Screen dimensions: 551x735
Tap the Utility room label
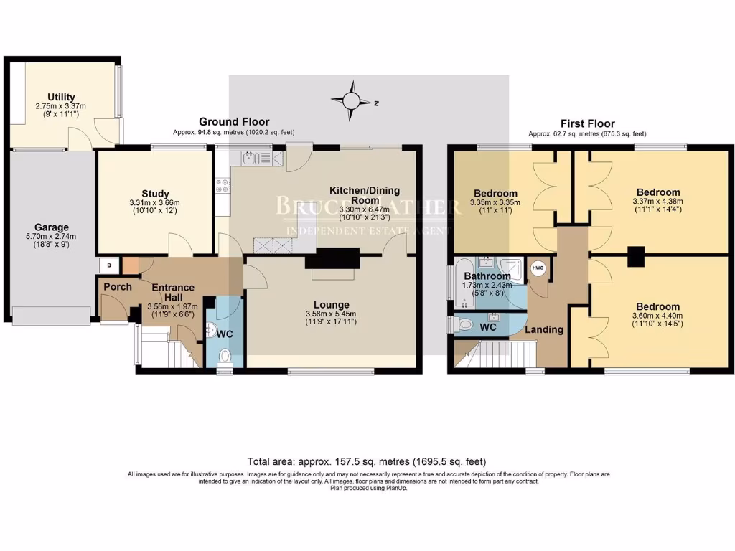click(61, 98)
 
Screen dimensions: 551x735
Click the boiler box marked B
click(109, 264)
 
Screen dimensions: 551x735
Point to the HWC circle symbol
click(538, 268)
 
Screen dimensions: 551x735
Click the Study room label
click(155, 194)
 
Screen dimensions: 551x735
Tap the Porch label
click(118, 287)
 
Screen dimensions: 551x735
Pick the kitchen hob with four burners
click(222, 186)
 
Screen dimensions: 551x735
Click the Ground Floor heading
click(234, 122)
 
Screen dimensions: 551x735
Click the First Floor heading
click(587, 123)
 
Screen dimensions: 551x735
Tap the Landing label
click(544, 330)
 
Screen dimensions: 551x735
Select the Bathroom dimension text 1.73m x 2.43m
click(487, 285)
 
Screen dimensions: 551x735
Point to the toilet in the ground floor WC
click(225, 355)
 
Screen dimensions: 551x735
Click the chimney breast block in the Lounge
click(332, 258)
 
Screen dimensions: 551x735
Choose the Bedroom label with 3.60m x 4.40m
click(657, 306)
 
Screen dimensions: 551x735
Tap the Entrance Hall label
click(167, 293)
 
